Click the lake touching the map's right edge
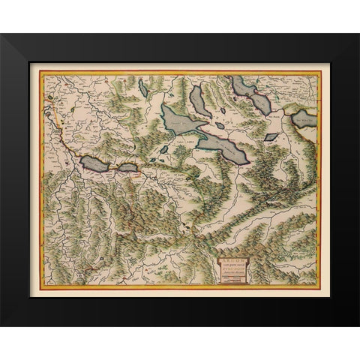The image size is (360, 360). (306, 118)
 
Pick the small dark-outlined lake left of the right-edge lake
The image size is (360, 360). (271, 138)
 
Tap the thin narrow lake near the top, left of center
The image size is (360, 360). (142, 88)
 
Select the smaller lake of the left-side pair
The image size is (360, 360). (127, 168)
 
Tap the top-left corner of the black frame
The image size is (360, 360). (1, 34)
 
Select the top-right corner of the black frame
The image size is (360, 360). (358, 34)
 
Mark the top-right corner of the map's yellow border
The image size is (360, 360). (320, 72)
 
